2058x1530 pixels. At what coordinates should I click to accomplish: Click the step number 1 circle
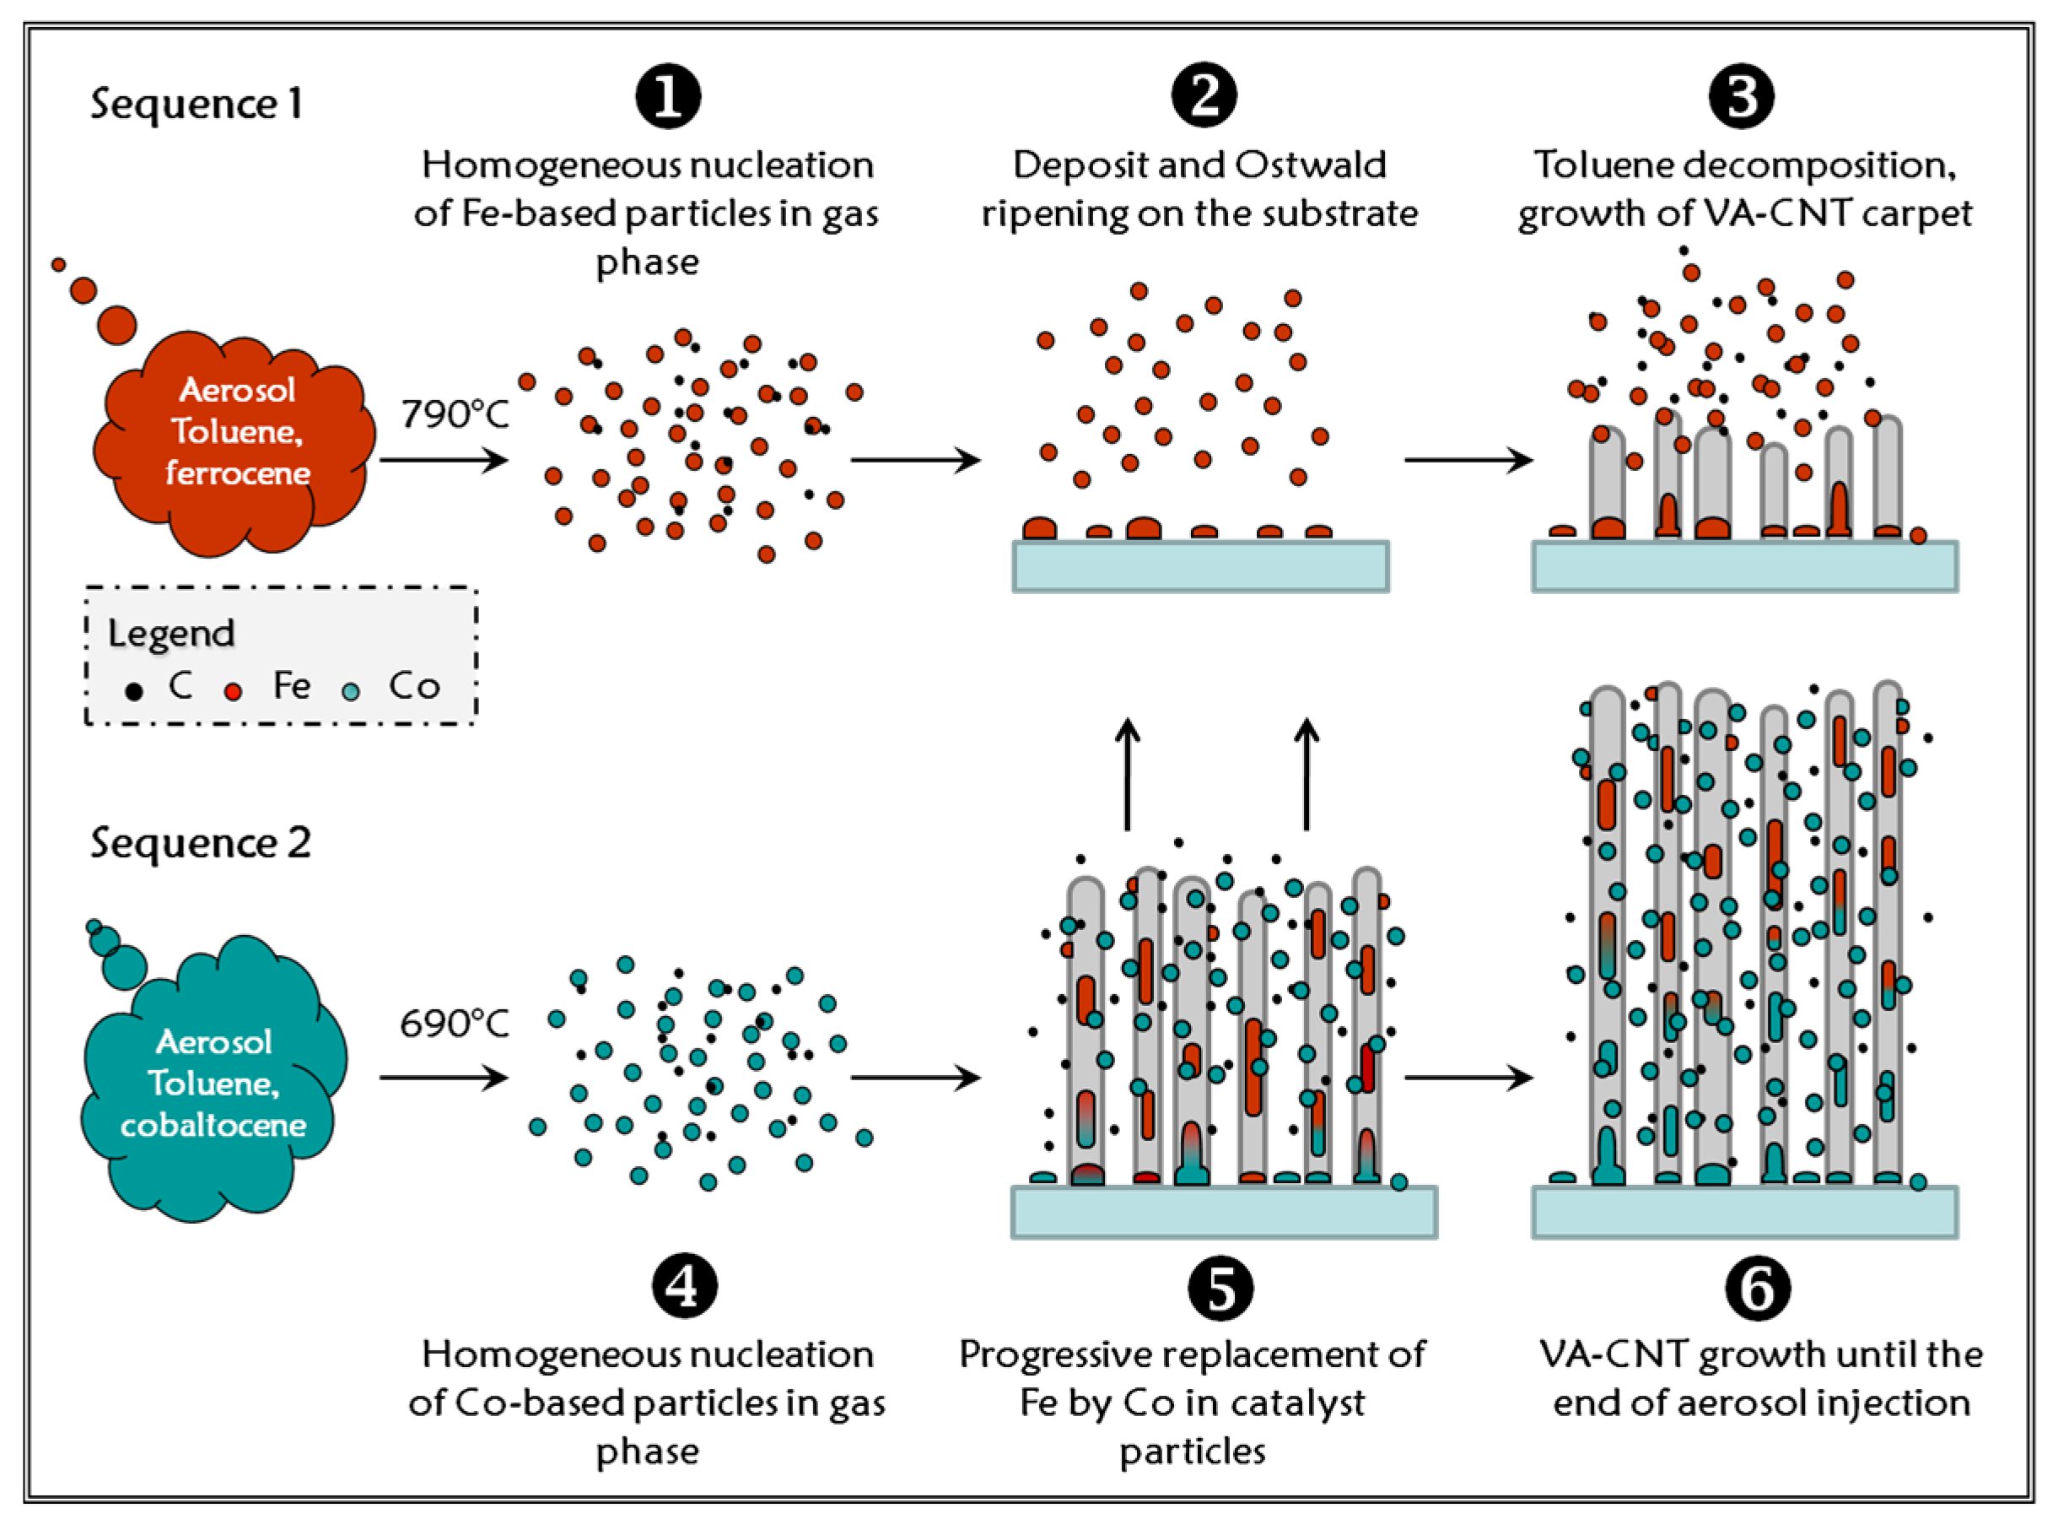667,96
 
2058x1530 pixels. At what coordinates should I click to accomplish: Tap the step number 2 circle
1203,96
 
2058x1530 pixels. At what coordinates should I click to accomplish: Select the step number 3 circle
1741,96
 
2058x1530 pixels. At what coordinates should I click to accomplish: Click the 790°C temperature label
455,414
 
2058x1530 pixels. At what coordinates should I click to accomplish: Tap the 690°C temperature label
455,1024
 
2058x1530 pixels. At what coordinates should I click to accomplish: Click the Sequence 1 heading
197,104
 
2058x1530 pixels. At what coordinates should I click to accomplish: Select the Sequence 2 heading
200,843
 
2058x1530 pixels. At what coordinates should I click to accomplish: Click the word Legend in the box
171,634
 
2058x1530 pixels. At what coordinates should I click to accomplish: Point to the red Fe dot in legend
234,691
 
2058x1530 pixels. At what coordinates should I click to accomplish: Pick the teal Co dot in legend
351,691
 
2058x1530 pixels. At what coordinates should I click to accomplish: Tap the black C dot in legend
134,691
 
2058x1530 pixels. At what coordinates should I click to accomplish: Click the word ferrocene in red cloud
238,473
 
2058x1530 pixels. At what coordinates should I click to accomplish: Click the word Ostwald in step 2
1310,165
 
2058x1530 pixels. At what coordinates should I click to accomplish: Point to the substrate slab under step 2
1201,567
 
